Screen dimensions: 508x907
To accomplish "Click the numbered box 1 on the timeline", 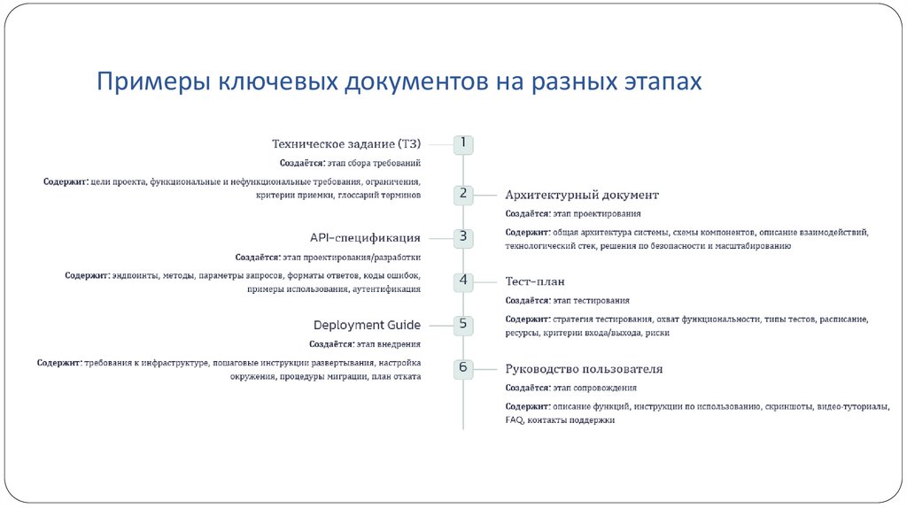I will [463, 143].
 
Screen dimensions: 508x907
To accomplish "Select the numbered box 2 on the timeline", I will [463, 193].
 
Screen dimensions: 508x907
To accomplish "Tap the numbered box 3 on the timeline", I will [463, 236].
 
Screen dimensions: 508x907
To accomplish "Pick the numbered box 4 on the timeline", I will [463, 281].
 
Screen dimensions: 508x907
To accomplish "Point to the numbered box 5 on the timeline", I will [463, 324].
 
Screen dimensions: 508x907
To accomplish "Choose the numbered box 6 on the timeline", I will [463, 367].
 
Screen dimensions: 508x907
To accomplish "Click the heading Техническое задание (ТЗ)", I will [345, 143].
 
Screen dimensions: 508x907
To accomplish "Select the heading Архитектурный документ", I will [581, 195].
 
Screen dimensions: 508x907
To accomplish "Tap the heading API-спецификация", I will [365, 237].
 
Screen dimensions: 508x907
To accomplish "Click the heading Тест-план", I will [535, 281].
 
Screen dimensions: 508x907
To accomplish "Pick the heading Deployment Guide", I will [367, 325].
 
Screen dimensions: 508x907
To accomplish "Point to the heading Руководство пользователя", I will [584, 369].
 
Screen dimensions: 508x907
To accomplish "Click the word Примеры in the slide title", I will [152, 82].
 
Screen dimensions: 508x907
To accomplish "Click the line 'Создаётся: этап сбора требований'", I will [350, 164].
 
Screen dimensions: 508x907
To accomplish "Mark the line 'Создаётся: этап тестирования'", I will [568, 301].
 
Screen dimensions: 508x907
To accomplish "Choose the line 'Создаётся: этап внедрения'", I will [365, 344].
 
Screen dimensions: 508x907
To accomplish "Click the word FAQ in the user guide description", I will [514, 420].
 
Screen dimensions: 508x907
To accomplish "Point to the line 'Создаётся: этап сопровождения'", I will [570, 388].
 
